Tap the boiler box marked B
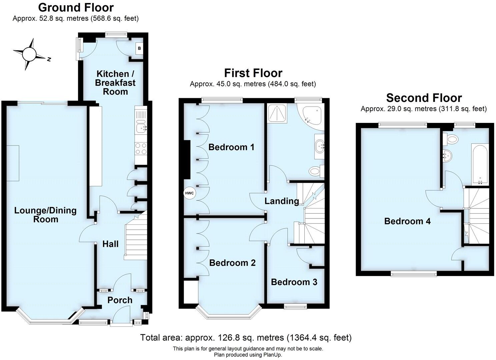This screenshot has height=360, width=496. (139, 49)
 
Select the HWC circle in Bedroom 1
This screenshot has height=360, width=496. (189, 193)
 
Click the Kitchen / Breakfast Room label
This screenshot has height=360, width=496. (115, 83)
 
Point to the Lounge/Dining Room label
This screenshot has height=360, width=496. (45, 215)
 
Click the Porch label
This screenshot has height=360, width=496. (120, 300)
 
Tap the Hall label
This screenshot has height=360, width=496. (110, 244)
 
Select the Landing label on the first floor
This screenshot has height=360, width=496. (282, 201)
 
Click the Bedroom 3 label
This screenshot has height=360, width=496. (294, 282)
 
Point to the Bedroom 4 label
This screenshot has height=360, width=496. (407, 221)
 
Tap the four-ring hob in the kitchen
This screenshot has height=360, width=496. (141, 149)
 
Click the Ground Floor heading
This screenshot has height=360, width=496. (76, 7)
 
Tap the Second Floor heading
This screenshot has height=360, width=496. (424, 98)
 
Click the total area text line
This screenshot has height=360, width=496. (246, 338)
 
